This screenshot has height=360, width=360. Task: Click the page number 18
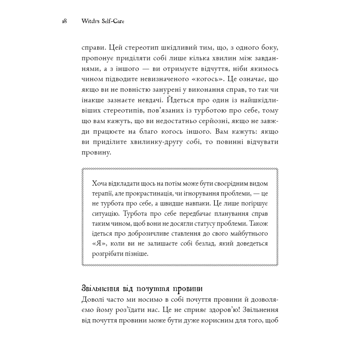(x=64, y=21)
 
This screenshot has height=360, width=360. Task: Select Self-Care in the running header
(x=115, y=21)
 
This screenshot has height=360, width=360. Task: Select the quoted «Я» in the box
(x=96, y=244)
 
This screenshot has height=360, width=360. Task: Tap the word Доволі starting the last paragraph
(x=92, y=300)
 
